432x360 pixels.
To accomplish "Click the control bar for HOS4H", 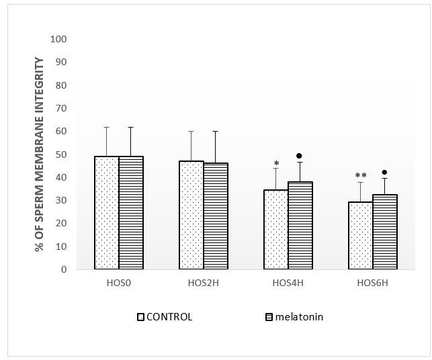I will pyautogui.click(x=275, y=229).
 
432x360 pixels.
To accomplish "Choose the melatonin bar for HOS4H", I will pyautogui.click(x=300, y=225).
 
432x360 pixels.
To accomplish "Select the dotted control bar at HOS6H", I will pyautogui.click(x=360, y=235).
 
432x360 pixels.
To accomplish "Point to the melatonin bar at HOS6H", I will pyautogui.click(x=384, y=232).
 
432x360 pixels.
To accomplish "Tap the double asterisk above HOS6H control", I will pyautogui.click(x=360, y=177).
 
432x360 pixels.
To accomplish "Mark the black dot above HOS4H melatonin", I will pyautogui.click(x=299, y=156).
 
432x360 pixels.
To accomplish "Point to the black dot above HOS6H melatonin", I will pyautogui.click(x=384, y=173).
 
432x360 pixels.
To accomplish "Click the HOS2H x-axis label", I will pyautogui.click(x=203, y=283).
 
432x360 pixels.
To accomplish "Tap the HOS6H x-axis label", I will pyautogui.click(x=372, y=283).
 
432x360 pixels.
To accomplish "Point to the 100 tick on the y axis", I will pyautogui.click(x=58, y=39).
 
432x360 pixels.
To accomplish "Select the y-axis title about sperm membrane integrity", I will pyautogui.click(x=40, y=154).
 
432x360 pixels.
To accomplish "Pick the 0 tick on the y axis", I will pyautogui.click(x=63, y=269).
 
